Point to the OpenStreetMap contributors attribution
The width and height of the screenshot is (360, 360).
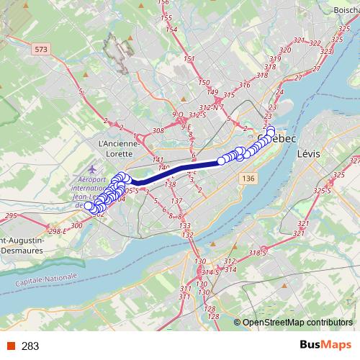(297, 323)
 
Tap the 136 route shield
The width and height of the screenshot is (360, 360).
(248, 179)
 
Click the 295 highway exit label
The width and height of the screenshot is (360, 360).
(10, 215)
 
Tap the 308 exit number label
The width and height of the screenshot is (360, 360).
(158, 132)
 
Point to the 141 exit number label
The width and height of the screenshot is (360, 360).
(158, 160)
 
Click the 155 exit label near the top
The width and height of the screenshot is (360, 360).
(165, 17)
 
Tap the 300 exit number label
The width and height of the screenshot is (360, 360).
(77, 225)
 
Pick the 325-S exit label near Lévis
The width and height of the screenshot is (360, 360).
(322, 190)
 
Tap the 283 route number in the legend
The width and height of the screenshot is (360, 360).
(30, 346)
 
